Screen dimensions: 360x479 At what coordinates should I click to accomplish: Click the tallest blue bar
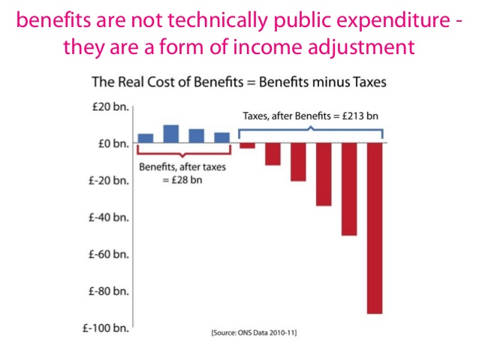coord(170,134)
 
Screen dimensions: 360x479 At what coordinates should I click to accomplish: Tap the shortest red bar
coord(247,145)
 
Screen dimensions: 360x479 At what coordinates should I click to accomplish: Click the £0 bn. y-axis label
coord(113,143)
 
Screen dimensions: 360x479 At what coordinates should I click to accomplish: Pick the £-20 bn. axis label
coord(110,180)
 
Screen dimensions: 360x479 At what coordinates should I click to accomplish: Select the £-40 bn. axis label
coord(110,217)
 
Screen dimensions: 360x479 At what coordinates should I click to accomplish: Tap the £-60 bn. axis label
coord(110,254)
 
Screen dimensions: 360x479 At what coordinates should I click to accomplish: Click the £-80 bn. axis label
coord(110,291)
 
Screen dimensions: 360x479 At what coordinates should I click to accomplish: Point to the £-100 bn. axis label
coord(107,328)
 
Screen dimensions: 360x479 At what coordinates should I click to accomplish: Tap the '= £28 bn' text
coord(183,180)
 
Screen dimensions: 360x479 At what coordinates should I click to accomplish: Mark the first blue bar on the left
coord(146,138)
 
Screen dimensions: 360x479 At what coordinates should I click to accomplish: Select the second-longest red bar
coord(349,189)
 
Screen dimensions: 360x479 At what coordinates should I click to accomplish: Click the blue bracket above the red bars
coord(311,132)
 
